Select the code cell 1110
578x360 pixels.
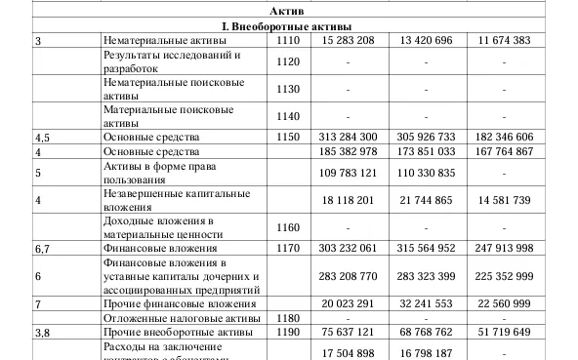(x=288, y=41)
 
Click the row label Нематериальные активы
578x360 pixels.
(x=165, y=41)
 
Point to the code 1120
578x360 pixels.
(x=288, y=61)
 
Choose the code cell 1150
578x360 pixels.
(x=288, y=138)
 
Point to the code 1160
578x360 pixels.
(x=288, y=227)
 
